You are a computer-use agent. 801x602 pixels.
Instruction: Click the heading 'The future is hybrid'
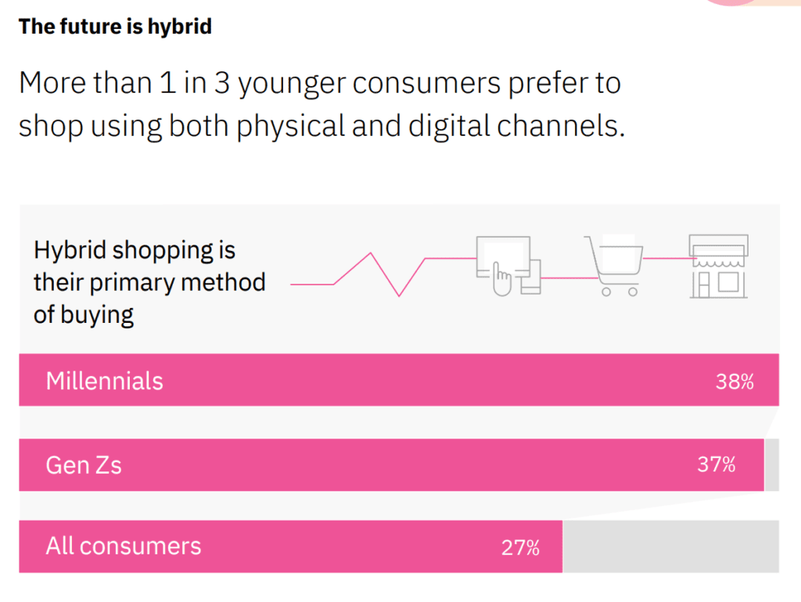click(115, 27)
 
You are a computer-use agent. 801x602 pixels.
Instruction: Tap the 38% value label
click(735, 382)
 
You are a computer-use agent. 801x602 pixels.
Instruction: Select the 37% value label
click(716, 464)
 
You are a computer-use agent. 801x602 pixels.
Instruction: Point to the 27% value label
click(520, 547)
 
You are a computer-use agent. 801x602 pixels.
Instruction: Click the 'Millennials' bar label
click(104, 381)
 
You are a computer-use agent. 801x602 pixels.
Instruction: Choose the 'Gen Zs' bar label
click(84, 465)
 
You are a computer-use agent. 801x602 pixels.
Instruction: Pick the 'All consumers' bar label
click(123, 546)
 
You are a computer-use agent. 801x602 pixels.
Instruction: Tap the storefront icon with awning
click(718, 266)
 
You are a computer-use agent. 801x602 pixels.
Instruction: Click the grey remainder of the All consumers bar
click(670, 546)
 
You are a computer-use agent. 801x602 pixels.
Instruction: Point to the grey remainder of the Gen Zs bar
click(771, 465)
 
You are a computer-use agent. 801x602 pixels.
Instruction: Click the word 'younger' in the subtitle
click(291, 83)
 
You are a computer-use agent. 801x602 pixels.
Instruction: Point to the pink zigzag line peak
click(371, 253)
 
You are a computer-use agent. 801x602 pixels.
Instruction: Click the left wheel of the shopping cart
click(605, 292)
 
